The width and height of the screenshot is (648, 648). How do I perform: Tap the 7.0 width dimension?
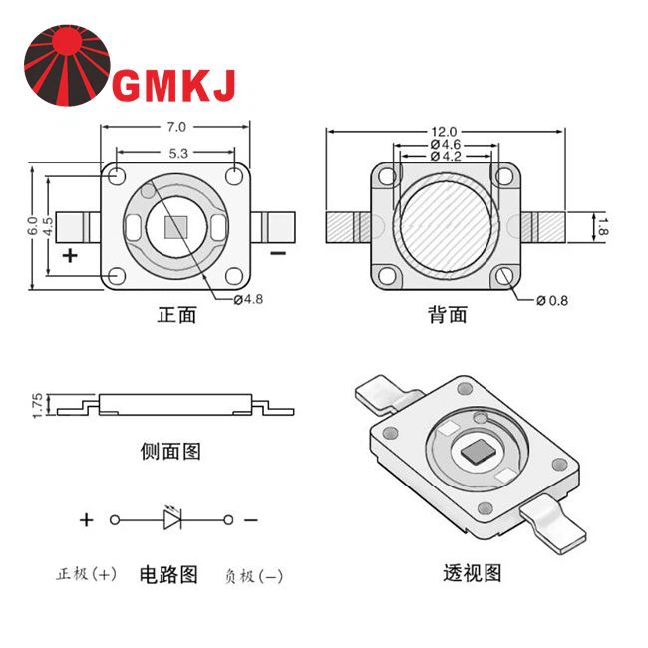pos(176,127)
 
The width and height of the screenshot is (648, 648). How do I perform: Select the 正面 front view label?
pos(177,316)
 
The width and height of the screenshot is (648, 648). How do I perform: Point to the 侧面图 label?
pos(171,452)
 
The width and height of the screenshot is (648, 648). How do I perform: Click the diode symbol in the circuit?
pos(171,518)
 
